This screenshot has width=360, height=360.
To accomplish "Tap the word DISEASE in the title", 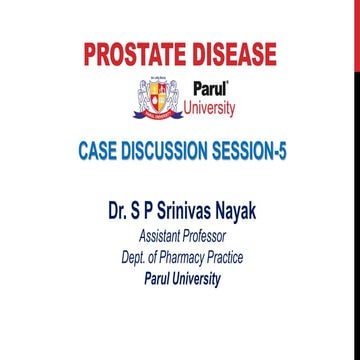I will click(231, 53).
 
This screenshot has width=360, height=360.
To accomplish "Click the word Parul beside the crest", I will click(210, 88).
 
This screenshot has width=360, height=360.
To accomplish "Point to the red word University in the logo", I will click(209, 107).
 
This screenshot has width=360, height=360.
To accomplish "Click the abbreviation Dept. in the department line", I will click(132, 258).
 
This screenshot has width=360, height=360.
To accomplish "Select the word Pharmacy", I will click(181, 258).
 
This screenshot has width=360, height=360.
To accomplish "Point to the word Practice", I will click(228, 258).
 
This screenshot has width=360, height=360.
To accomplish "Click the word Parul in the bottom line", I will click(154, 279).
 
